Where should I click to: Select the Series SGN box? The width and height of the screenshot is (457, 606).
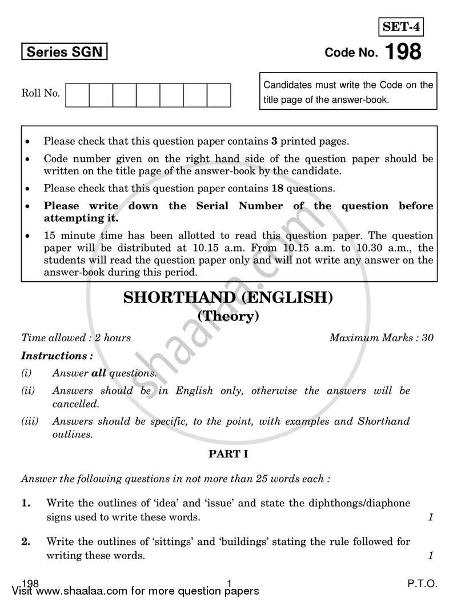click(65, 53)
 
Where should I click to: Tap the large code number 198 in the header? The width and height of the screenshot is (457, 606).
click(403, 52)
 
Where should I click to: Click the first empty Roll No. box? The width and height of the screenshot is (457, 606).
click(78, 95)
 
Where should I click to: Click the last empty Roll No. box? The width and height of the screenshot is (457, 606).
click(219, 95)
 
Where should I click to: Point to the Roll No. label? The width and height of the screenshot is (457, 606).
click(41, 93)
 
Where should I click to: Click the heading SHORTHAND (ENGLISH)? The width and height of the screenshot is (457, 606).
click(228, 298)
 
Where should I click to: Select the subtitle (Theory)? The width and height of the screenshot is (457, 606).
click(228, 316)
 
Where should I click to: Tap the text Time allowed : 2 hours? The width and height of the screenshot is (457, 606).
click(76, 337)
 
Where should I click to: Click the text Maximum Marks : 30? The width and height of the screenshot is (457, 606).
click(381, 337)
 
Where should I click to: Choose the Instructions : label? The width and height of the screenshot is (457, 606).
click(57, 356)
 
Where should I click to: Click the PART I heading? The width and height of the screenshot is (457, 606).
click(227, 454)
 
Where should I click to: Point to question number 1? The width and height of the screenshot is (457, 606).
click(26, 503)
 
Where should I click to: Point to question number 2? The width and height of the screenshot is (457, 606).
click(26, 541)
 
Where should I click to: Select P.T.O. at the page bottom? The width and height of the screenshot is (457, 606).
click(422, 584)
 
